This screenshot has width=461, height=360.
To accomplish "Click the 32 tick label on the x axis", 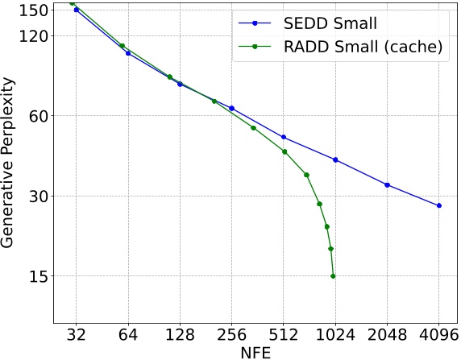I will point(77,334).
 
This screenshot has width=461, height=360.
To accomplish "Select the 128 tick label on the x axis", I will point(180,334).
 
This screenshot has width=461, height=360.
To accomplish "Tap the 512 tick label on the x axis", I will point(284,334).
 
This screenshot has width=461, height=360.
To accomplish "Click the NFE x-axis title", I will point(255,352).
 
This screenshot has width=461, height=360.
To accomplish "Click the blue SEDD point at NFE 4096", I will point(439,206).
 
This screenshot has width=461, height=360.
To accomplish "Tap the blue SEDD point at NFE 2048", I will point(388,185).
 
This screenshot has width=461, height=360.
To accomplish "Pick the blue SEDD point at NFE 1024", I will point(335,159).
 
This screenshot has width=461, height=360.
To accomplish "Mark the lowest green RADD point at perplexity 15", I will point(333,276).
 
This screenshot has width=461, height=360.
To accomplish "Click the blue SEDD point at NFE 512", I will point(284,137).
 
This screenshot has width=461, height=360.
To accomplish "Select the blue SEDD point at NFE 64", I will point(128,53).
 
